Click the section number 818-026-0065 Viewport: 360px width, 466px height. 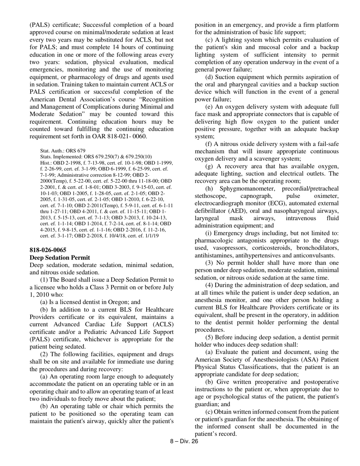pyautogui.click(x=48, y=250)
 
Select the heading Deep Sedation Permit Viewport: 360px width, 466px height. pyautogui.click(x=60, y=258)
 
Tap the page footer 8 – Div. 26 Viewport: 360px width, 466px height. pyautogui.click(x=184, y=441)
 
